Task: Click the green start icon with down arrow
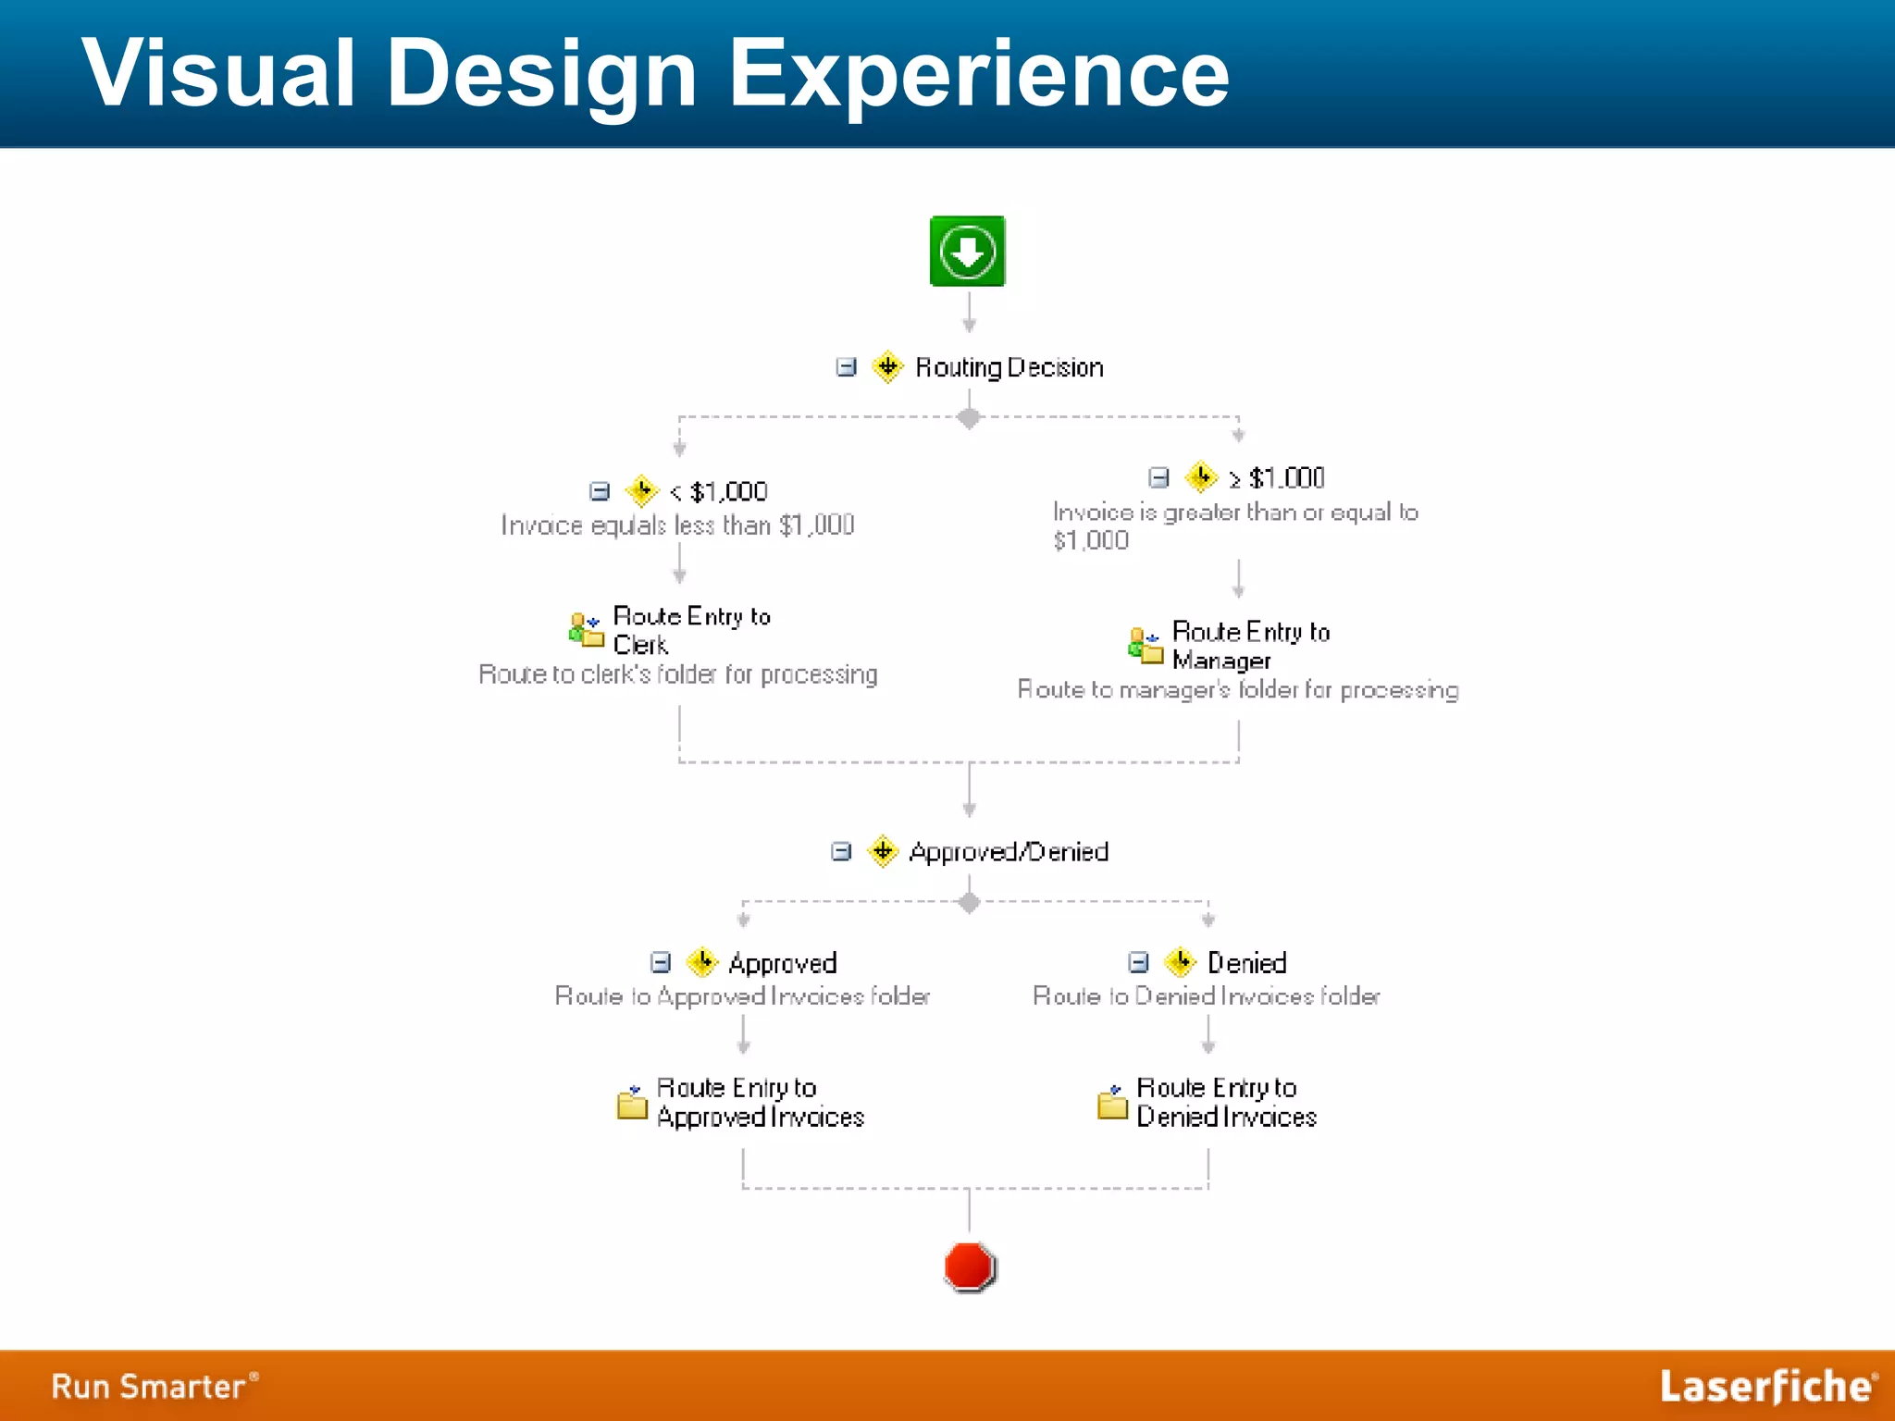(x=967, y=251)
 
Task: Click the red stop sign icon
(x=969, y=1266)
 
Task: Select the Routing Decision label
(x=1009, y=367)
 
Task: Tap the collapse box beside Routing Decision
(x=846, y=367)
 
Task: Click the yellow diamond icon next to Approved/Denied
(x=883, y=850)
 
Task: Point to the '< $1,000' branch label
(x=719, y=491)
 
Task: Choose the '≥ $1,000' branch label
(x=1277, y=477)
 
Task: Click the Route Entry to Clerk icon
(x=586, y=630)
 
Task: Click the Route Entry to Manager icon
(x=1146, y=645)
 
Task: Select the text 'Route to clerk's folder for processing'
(x=677, y=674)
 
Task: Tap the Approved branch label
(x=782, y=963)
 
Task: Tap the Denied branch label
(x=1246, y=963)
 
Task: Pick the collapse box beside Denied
(x=1138, y=962)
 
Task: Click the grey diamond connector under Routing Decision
(x=969, y=418)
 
